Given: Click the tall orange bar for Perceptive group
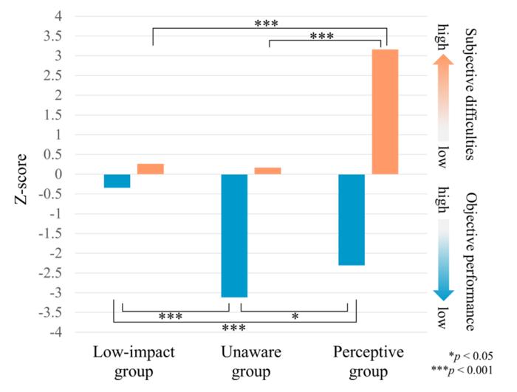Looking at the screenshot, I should [384, 111].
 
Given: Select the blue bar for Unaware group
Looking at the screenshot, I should [234, 235].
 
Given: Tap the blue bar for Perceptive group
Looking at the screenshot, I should [352, 219].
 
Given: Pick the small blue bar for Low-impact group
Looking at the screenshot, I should [117, 181].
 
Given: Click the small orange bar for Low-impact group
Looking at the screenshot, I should [151, 169].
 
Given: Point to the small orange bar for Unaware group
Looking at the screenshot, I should [267, 171].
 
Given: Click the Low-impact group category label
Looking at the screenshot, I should [134, 361].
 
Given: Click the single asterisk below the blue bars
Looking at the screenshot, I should [295, 316].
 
